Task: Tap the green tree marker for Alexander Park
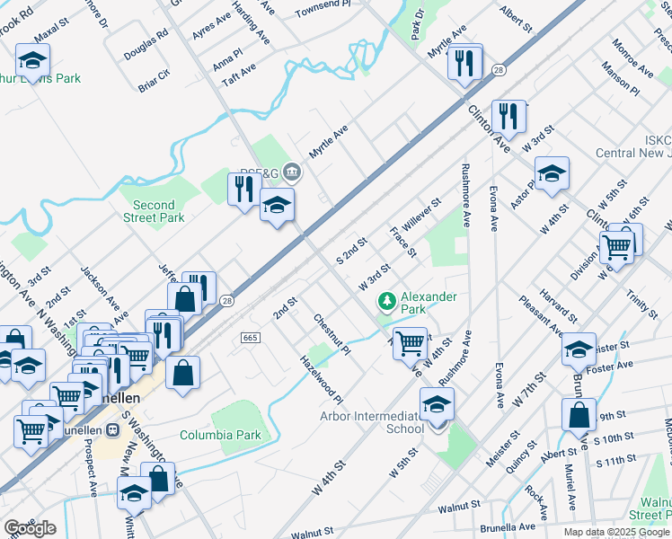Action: [386, 300]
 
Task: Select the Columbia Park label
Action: [219, 435]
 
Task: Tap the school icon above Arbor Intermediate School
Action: [438, 402]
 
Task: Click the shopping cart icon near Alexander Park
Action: [411, 341]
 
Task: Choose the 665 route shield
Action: [250, 338]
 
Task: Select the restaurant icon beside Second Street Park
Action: [243, 189]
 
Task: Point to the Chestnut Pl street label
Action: [331, 334]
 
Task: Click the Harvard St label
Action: [560, 306]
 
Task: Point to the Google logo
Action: [30, 528]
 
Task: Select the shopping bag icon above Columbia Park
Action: [182, 373]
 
